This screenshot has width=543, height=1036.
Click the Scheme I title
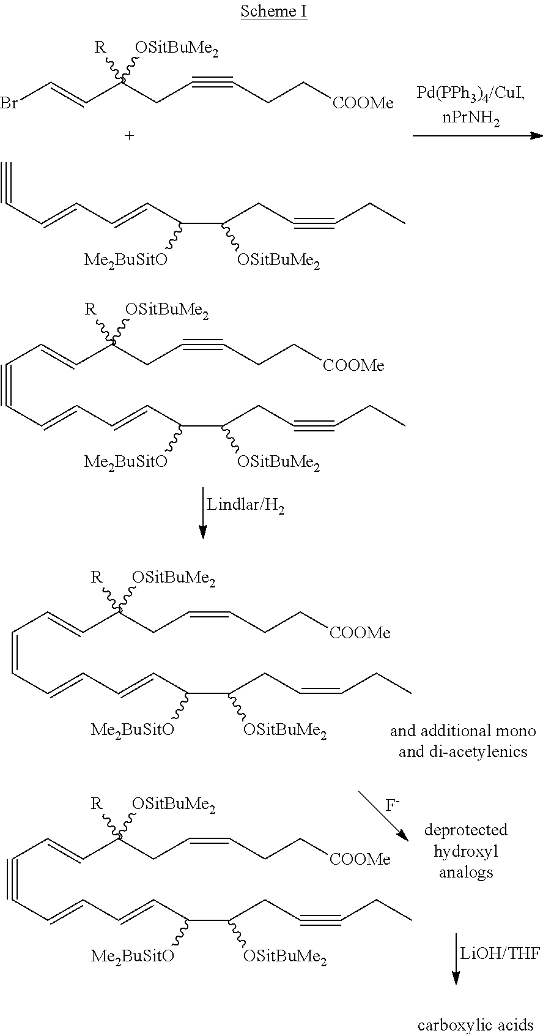tap(273, 11)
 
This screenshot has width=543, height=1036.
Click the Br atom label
tap(9, 102)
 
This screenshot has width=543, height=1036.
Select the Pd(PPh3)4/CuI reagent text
tap(470, 94)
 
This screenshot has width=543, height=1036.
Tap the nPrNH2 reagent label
tap(471, 118)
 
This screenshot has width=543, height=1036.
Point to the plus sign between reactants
tap(130, 136)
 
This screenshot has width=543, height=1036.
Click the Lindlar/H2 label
tap(245, 505)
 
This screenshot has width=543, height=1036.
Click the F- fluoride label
tap(393, 805)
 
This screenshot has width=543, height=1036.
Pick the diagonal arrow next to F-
tap(383, 817)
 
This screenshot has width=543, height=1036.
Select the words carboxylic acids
tap(476, 1025)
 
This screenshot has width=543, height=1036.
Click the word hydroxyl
tap(466, 851)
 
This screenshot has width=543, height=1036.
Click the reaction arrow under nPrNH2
tap(478, 136)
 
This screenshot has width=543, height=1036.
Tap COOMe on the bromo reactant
tap(363, 103)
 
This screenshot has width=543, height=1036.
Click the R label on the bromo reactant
tap(100, 48)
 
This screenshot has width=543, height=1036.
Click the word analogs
tap(466, 873)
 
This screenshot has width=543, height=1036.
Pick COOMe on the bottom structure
tap(360, 859)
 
